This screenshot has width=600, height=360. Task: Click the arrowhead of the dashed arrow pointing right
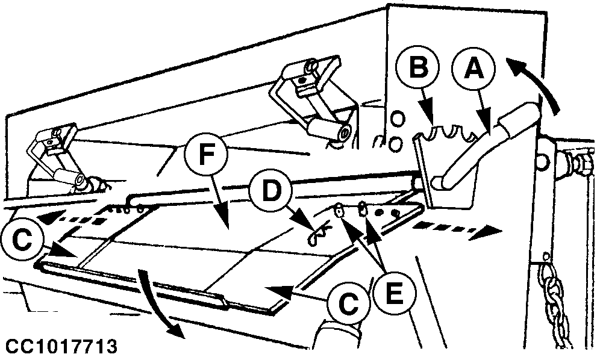coord(493,229)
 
